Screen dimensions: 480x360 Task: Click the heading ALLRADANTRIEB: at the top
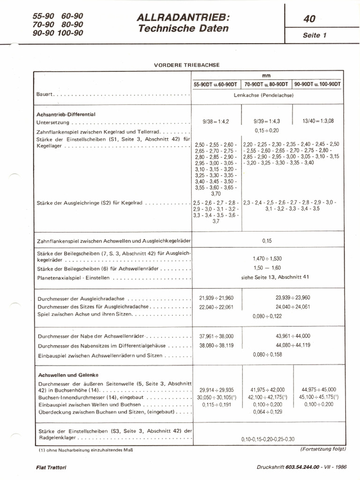(x=183, y=17)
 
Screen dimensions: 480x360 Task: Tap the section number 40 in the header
(x=309, y=19)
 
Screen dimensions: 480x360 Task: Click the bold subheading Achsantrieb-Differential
(x=66, y=114)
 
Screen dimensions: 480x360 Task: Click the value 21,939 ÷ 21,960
(x=217, y=298)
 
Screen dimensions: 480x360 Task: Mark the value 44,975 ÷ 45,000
(x=319, y=390)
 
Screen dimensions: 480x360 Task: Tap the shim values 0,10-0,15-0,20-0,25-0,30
(x=268, y=439)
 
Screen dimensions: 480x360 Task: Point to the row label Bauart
(x=44, y=95)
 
